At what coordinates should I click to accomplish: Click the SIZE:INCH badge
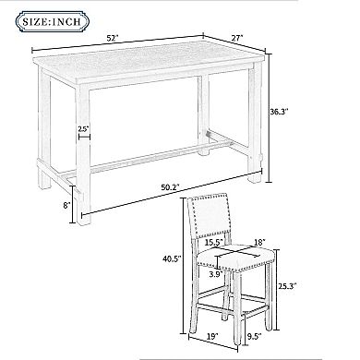click(x=53, y=21)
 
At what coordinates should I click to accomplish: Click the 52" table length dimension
click(x=113, y=39)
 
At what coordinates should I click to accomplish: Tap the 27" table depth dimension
click(x=237, y=38)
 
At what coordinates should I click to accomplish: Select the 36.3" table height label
click(x=279, y=112)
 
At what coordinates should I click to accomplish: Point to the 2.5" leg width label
click(x=83, y=129)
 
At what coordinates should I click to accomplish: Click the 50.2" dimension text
click(x=170, y=187)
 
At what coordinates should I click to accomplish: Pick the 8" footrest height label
click(x=66, y=205)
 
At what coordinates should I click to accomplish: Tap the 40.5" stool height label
click(x=172, y=258)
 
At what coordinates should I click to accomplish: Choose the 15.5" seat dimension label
click(x=214, y=242)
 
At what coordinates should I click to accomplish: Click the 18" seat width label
click(x=260, y=243)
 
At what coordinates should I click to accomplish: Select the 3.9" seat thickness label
click(x=216, y=274)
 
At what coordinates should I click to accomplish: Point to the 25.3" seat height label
click(x=287, y=286)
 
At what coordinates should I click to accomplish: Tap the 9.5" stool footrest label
click(x=254, y=336)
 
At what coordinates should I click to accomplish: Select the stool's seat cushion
click(x=236, y=257)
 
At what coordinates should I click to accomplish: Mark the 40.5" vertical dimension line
click(x=184, y=266)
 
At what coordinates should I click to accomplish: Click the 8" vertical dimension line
click(x=73, y=204)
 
